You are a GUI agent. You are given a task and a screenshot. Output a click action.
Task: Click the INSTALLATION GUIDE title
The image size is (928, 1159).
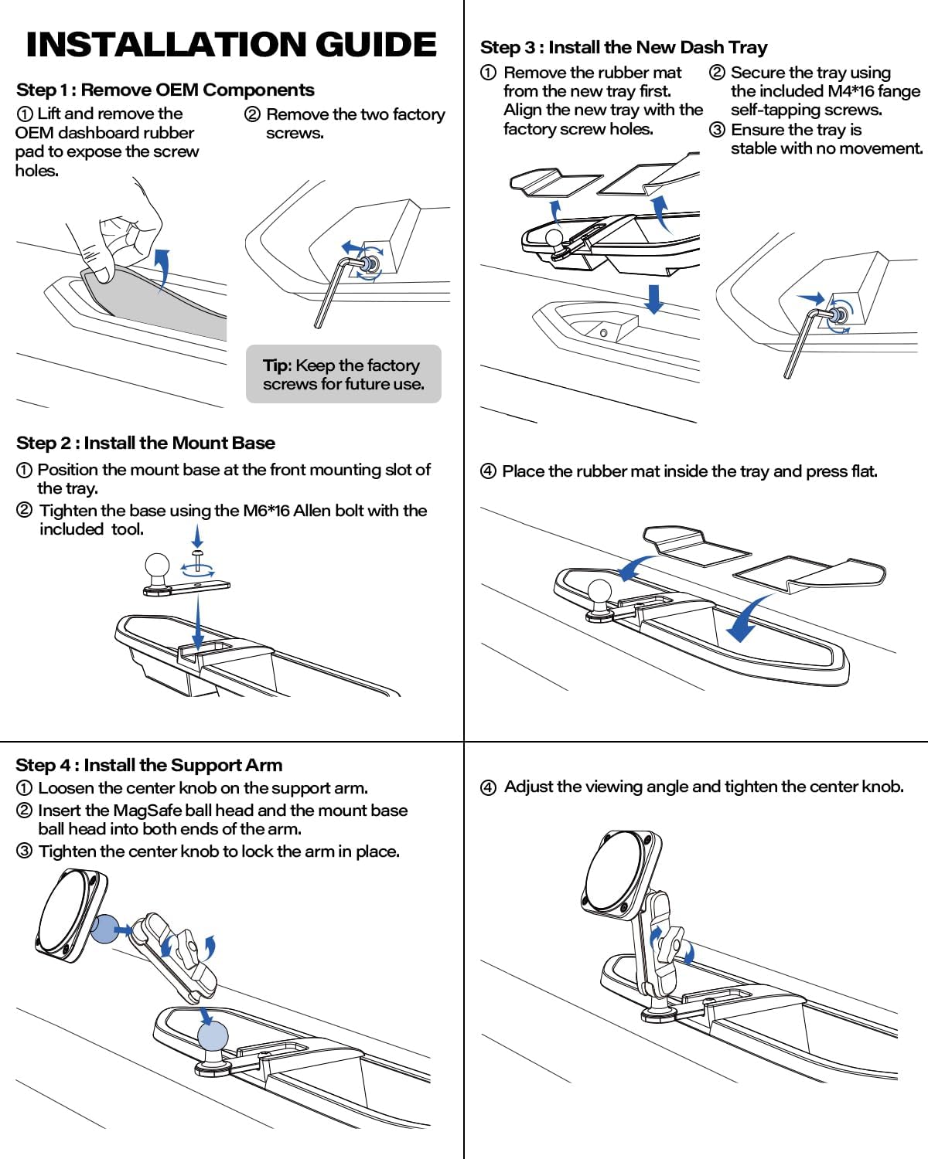click(230, 44)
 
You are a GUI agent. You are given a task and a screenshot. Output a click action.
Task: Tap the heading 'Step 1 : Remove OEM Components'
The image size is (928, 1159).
click(165, 90)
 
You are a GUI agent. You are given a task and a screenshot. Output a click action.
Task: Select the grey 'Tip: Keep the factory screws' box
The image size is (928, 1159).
click(343, 374)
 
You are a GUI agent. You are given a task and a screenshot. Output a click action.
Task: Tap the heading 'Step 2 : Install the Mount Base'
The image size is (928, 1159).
click(145, 443)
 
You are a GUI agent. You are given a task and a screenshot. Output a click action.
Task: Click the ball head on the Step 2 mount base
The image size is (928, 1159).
click(158, 568)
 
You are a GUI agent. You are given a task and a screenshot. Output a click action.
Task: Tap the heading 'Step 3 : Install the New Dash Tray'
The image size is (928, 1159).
click(623, 47)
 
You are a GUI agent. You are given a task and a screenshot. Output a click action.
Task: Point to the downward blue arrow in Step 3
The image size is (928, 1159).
click(654, 298)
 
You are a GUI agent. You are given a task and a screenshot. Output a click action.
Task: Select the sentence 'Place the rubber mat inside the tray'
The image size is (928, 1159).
click(689, 471)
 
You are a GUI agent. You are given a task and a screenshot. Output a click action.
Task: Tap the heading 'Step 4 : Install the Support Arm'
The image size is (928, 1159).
click(148, 765)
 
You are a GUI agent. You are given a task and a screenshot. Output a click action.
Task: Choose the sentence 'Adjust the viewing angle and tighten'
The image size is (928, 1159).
click(703, 787)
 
